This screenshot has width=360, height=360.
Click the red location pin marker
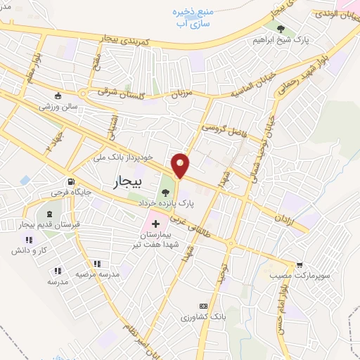coord(181,165)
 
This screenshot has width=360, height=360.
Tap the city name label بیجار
coord(127,183)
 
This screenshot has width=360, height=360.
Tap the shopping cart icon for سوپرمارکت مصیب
coord(300,264)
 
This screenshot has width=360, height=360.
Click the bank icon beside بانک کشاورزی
coord(203,306)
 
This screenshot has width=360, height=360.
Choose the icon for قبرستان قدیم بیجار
coord(49,214)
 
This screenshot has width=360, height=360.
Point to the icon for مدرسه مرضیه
coord(58,269)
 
